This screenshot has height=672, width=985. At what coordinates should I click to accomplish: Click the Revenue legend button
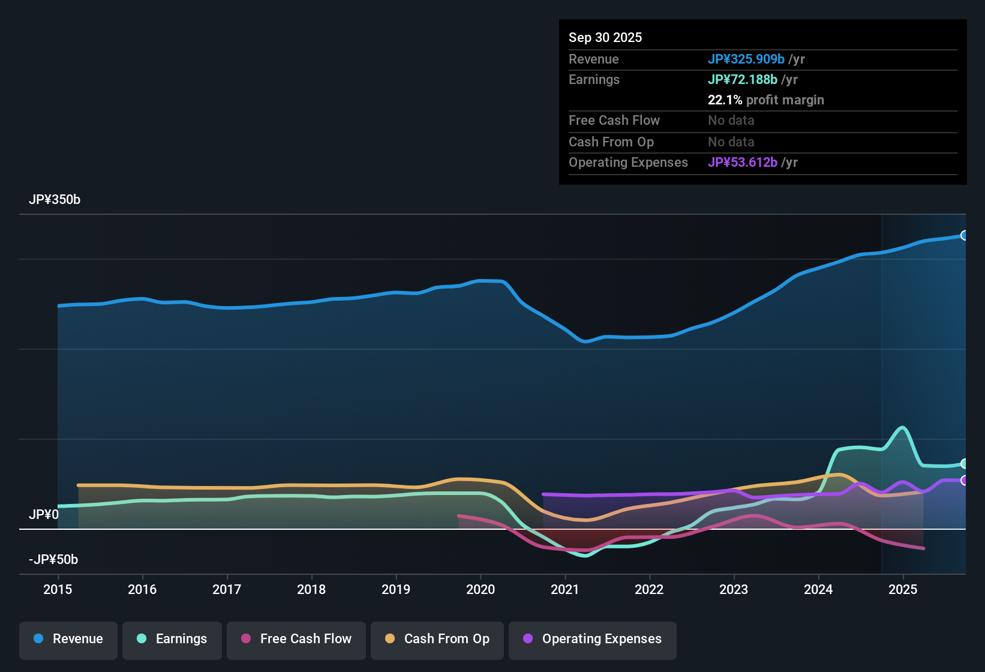tap(68, 639)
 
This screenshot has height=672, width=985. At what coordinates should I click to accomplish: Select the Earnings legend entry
tap(172, 639)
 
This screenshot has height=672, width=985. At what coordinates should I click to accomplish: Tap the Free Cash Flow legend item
tap(296, 639)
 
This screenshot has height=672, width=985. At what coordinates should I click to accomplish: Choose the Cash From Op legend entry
tap(437, 639)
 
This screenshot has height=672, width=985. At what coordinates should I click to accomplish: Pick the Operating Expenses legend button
tap(593, 639)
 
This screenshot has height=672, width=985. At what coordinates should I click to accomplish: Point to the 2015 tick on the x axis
tap(58, 589)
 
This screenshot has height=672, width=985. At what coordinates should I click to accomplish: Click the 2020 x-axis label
tap(481, 589)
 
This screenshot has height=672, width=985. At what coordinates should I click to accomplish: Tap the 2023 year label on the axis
tap(734, 589)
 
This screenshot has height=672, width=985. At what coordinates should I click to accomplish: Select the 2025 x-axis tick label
tap(903, 589)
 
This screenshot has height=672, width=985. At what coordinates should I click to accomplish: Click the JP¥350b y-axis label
tap(55, 200)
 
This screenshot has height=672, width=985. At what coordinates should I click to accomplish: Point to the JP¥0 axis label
tap(44, 514)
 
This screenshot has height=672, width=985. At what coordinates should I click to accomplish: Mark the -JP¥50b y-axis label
tap(53, 560)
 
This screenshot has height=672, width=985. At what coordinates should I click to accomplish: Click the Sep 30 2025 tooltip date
tap(605, 37)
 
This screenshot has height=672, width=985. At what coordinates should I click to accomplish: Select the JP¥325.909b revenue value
tap(746, 59)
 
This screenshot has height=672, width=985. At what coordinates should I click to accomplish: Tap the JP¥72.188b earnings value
tap(743, 79)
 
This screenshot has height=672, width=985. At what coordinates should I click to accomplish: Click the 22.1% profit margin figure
tap(725, 100)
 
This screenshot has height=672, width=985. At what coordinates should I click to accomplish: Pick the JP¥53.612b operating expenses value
tap(743, 162)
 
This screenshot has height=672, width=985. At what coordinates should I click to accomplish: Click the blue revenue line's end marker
tap(964, 235)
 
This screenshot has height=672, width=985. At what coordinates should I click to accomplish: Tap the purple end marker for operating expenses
tap(964, 480)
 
